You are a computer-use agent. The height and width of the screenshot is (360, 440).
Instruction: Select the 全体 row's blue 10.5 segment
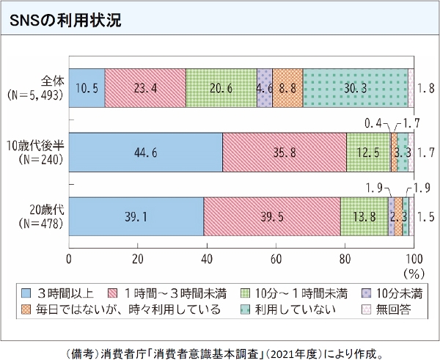[87, 88]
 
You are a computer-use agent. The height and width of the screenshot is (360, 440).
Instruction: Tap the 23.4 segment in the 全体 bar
[145, 88]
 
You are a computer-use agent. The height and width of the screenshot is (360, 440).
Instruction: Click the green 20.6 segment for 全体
[221, 88]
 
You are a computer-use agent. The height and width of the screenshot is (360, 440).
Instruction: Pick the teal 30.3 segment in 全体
[355, 88]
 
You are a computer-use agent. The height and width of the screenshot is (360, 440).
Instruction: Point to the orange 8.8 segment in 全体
[287, 88]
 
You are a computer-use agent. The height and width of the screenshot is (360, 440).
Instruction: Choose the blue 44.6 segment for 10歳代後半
[145, 153]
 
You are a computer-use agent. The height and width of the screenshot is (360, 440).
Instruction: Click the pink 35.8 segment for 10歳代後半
[284, 153]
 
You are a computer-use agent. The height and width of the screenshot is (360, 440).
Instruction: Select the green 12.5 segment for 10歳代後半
[367, 153]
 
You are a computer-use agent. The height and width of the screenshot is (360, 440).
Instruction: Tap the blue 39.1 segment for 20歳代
[136, 217]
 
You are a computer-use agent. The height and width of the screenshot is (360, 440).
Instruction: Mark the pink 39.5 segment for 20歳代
[272, 217]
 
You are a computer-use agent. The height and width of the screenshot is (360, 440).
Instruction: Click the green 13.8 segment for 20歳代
[364, 217]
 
